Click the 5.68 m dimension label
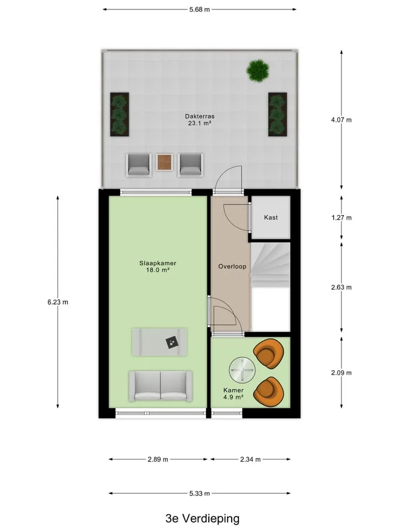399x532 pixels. click(199, 9)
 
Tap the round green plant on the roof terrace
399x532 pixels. click(258, 70)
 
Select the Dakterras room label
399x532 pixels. click(199, 116)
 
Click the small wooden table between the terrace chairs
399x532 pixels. click(165, 162)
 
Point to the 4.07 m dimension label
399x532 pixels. click(341, 120)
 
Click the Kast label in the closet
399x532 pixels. click(271, 217)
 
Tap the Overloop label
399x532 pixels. click(232, 267)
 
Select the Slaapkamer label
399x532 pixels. click(158, 263)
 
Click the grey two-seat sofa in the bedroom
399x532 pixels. click(161, 386)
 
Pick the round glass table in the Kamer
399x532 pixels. click(242, 370)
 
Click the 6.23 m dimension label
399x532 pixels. click(58, 302)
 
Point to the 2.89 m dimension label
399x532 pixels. click(158, 459)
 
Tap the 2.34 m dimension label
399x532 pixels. click(250, 459)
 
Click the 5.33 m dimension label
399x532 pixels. click(199, 493)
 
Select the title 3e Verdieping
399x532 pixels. click(203, 519)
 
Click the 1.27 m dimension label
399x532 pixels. click(341, 218)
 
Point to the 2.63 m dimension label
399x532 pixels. click(341, 288)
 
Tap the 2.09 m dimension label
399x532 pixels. click(341, 373)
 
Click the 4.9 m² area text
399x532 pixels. click(233, 397)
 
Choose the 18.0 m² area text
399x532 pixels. click(158, 270)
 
